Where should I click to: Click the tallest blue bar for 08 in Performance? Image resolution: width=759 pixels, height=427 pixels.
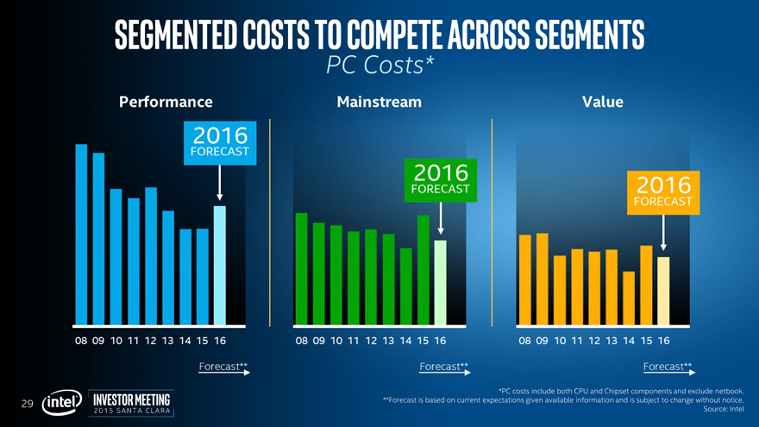tap(81, 234)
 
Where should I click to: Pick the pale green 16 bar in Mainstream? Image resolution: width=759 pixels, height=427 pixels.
tap(441, 282)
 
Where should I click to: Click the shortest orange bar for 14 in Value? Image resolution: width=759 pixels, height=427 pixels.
tap(629, 298)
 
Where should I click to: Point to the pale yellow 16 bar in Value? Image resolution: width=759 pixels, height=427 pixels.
tap(663, 291)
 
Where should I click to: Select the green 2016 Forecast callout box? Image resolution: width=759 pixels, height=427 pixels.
tap(441, 179)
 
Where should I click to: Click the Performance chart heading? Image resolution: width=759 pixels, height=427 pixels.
tap(165, 102)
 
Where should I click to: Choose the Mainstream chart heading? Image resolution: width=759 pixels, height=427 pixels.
tap(379, 102)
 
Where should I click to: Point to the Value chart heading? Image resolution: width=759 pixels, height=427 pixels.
tap(603, 102)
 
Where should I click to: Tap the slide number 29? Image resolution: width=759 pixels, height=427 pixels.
tap(27, 404)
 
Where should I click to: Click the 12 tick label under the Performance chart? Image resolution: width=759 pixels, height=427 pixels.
tap(151, 341)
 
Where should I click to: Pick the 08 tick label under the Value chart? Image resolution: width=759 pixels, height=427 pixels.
tap(525, 341)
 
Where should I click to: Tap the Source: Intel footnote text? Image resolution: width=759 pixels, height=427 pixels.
tap(724, 409)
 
